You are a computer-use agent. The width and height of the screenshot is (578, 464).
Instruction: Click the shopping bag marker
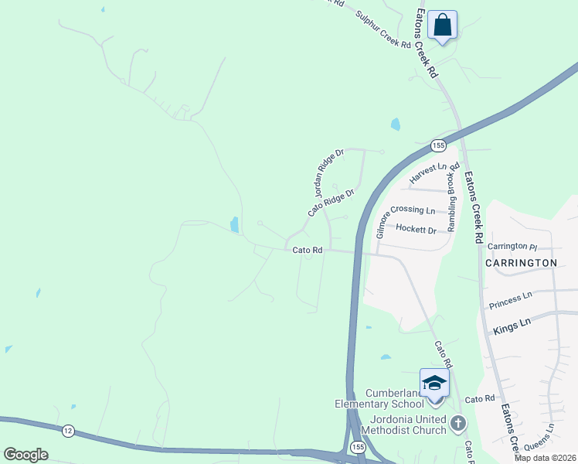coord(442,25)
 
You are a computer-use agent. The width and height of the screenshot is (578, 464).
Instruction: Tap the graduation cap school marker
coord(434,383)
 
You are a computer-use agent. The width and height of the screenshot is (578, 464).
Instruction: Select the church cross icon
coord(458,423)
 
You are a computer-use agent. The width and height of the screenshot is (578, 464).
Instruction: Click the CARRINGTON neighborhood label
coord(521,263)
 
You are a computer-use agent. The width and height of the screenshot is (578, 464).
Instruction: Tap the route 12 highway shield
coord(69,431)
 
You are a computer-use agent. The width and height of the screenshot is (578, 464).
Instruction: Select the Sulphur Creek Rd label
coord(382,29)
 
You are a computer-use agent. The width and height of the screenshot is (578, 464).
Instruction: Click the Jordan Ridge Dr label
coord(328,173)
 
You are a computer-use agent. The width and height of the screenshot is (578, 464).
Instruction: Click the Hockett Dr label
coord(416,229)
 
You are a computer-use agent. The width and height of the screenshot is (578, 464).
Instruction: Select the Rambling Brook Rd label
coord(453,198)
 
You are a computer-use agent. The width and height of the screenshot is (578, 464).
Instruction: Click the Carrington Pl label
coord(512,247)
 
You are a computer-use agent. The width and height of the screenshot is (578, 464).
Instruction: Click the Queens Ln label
coord(539,438)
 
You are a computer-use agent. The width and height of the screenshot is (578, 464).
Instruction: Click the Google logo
coord(25,455)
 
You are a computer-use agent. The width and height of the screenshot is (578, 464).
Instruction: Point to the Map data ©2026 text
coord(546,458)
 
